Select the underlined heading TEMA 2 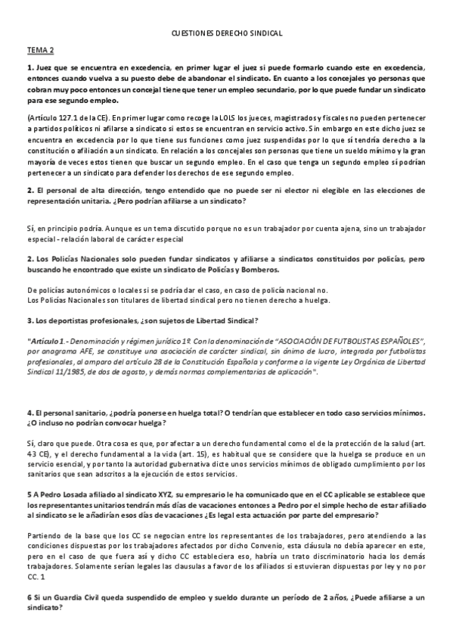point(41,51)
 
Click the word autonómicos point(79,290)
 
